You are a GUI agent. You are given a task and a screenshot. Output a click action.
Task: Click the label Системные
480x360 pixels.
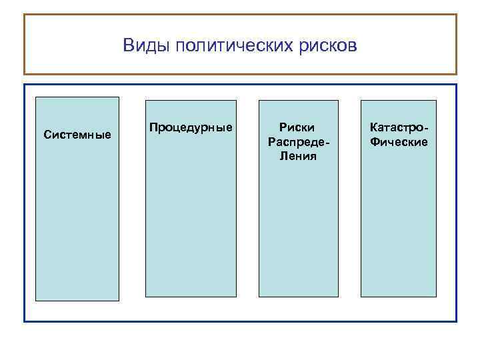tap(77, 135)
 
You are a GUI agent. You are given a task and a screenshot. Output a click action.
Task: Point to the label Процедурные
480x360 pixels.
tap(191, 127)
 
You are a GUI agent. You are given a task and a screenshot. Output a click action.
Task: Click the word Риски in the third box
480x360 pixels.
tap(297, 127)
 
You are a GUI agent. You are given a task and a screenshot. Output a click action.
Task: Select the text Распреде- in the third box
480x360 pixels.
tap(298, 142)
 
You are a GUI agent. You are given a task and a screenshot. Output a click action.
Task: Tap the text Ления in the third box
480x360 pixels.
tap(298, 157)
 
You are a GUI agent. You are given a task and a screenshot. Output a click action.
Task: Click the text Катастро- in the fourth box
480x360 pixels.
tap(399, 127)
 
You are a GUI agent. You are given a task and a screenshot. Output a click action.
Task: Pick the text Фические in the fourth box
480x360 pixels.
tap(399, 142)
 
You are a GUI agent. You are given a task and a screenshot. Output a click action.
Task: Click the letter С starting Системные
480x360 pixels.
tap(47, 135)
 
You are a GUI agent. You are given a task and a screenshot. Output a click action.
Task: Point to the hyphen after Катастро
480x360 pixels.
tap(426, 127)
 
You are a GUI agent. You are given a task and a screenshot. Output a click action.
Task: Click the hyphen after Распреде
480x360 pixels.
tap(327, 143)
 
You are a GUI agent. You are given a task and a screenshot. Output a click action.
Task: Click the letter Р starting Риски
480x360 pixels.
tap(283, 127)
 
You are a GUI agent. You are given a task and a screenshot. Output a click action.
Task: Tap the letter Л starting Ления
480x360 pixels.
tap(283, 157)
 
